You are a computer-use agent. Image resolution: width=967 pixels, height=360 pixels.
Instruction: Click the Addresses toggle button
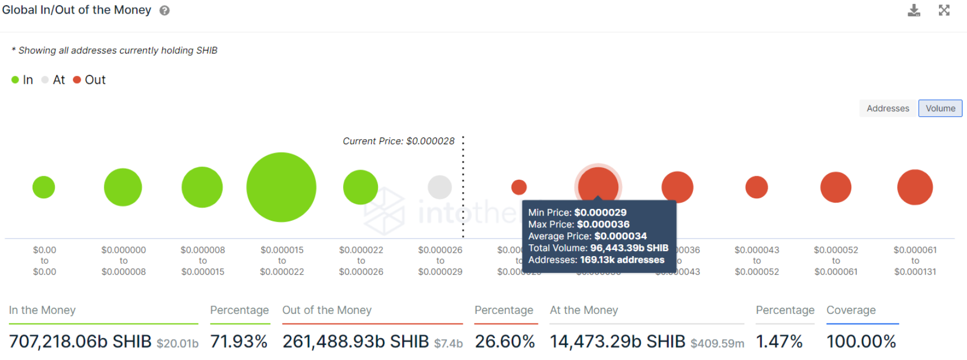tap(887, 108)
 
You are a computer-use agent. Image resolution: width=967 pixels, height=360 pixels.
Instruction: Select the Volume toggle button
tap(940, 108)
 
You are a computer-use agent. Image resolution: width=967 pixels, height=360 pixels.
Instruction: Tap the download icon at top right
tap(914, 10)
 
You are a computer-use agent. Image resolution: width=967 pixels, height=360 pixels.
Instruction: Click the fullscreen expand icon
tap(944, 10)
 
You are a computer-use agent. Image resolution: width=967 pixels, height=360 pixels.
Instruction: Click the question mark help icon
tap(165, 11)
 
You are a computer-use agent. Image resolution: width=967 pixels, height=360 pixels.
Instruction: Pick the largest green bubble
tap(281, 187)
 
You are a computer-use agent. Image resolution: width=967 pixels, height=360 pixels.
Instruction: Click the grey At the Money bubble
tap(440, 187)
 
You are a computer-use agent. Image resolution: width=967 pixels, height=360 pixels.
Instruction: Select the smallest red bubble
tap(519, 187)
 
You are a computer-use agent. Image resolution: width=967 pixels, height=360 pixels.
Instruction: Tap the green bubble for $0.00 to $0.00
tap(44, 187)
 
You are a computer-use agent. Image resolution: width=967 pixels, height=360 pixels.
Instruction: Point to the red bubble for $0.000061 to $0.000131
tap(915, 187)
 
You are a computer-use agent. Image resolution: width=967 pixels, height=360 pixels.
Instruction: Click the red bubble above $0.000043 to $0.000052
tap(756, 187)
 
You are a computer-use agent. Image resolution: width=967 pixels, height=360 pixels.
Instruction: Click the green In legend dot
tap(15, 80)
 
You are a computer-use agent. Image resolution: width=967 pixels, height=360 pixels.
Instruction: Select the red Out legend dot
tap(77, 80)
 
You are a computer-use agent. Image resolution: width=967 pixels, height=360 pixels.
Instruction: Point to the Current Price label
tap(399, 141)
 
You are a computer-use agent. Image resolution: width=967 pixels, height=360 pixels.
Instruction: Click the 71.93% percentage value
tap(239, 341)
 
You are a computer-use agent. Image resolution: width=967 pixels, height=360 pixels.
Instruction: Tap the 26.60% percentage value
tap(505, 341)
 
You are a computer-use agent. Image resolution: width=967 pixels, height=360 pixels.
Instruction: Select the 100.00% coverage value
tap(861, 341)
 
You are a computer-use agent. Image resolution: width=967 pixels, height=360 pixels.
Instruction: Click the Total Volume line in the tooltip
tap(598, 248)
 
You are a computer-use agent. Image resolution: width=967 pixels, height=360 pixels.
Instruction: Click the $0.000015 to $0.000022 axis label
tap(282, 261)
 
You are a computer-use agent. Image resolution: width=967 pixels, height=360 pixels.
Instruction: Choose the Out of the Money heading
tap(327, 310)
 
